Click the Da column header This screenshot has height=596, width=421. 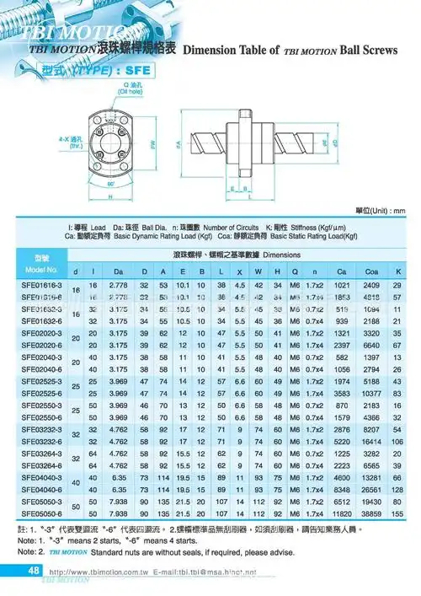(119, 271)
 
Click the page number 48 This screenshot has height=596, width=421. (35, 571)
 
